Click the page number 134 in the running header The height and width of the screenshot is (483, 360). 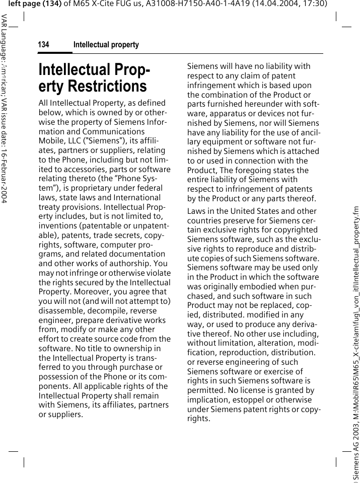tap(44, 45)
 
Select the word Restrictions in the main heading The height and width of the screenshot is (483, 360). tap(93, 86)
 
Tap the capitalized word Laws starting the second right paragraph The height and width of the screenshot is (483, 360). tap(196, 211)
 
